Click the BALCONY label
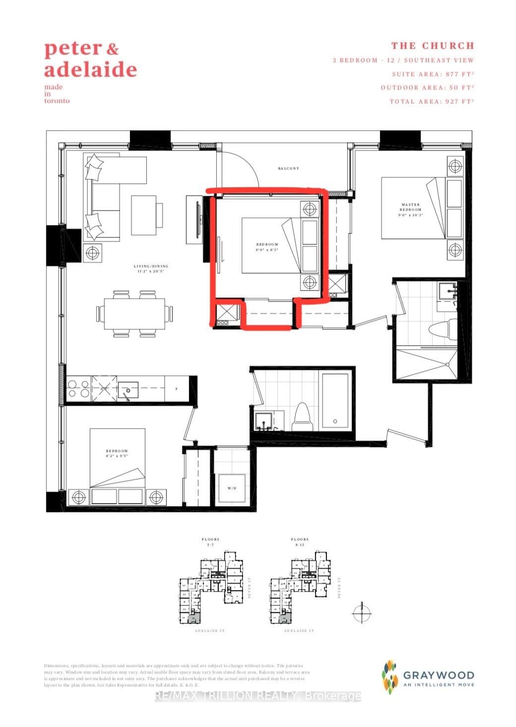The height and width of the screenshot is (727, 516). [x=288, y=168]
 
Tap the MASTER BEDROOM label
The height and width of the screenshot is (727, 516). [x=410, y=207]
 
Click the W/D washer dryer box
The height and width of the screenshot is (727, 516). [x=232, y=488]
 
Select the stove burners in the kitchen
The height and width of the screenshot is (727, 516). [x=77, y=388]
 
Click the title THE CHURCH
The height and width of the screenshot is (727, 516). [x=433, y=46]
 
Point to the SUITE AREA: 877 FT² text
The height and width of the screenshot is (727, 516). [x=433, y=74]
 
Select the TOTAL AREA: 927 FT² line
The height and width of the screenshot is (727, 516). [x=432, y=101]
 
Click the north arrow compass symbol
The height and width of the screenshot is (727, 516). [x=362, y=613]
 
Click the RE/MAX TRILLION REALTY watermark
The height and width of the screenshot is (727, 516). [x=258, y=696]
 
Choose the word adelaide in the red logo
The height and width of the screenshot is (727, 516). [x=90, y=70]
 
